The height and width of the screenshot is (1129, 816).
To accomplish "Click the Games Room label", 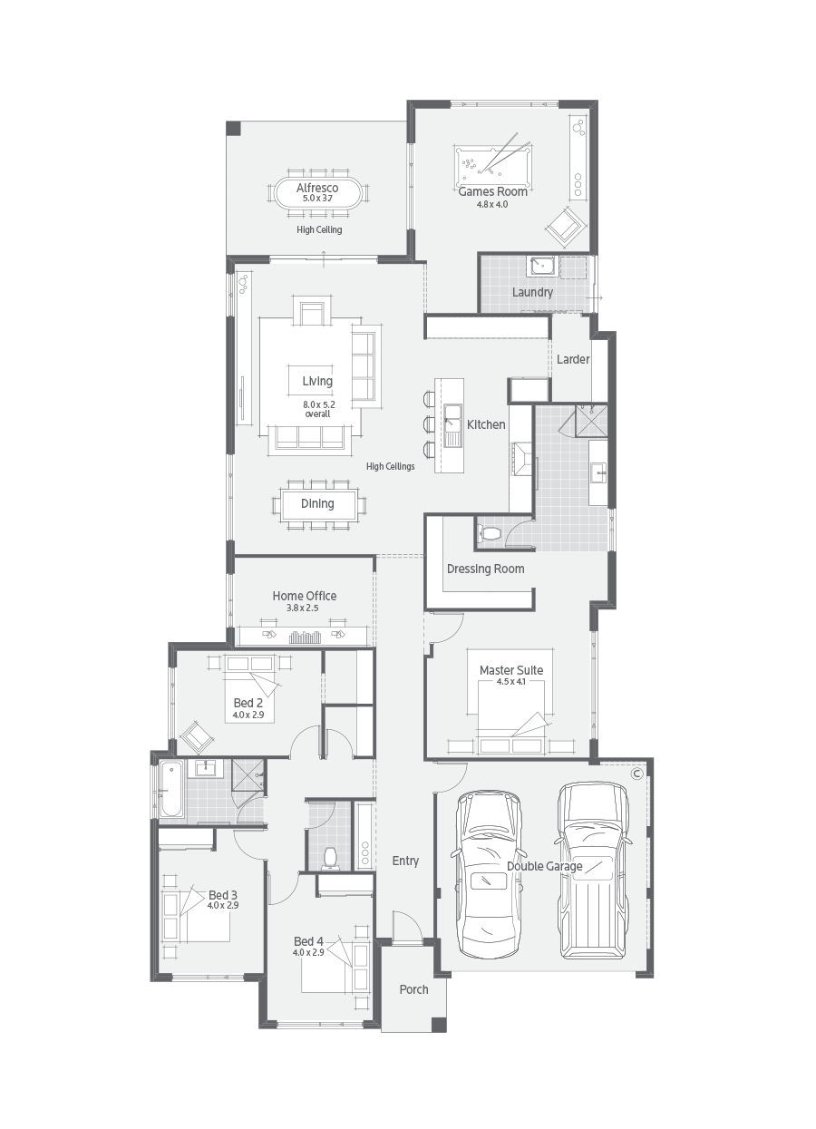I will [492, 191].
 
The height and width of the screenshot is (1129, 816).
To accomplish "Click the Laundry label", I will [532, 292].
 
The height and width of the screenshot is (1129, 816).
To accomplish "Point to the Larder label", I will [573, 359].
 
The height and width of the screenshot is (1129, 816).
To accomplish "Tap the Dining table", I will [317, 503].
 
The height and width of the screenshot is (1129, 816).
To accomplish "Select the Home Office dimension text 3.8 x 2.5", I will [305, 608].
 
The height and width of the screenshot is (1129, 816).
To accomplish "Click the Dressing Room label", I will [485, 569].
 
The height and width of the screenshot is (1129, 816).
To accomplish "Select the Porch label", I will [413, 988].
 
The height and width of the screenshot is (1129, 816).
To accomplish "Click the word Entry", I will [405, 861].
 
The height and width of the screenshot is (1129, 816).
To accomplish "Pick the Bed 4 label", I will [308, 941].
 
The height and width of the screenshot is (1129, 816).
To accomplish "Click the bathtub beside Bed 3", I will [171, 790].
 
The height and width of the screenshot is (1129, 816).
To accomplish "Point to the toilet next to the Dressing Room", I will [490, 533].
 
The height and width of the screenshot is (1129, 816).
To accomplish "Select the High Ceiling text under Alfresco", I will [319, 229].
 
